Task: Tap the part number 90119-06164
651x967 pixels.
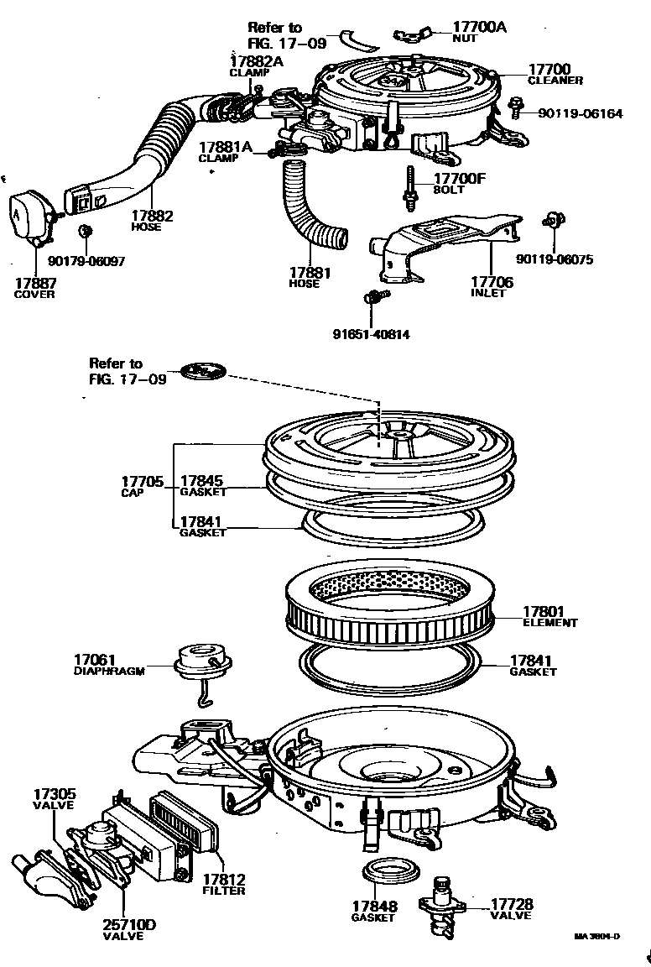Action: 579,113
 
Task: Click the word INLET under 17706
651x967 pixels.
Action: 487,294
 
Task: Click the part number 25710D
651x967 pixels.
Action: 129,925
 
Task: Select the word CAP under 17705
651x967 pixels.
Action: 133,492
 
